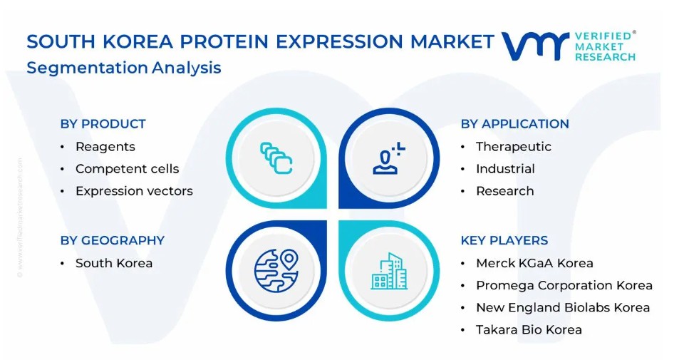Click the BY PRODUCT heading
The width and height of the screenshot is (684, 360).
[103, 124]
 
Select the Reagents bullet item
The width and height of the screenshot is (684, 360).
[105, 147]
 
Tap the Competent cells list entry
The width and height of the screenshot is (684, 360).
[127, 169]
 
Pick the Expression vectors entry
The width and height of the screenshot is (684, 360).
[134, 191]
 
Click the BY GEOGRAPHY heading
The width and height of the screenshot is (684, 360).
[113, 240]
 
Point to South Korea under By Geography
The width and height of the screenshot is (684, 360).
[114, 263]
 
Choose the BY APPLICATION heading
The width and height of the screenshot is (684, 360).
[514, 124]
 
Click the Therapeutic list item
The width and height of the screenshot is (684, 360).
[514, 147]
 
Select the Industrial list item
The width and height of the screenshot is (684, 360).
[505, 169]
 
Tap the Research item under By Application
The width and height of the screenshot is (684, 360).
[504, 191]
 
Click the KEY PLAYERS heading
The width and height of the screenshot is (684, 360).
[504, 240]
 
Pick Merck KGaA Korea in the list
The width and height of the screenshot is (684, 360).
[534, 263]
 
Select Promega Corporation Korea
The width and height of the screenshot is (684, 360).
[564, 285]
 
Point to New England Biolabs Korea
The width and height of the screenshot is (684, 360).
[563, 308]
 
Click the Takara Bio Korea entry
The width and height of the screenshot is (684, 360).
[529, 330]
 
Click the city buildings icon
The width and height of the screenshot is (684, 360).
[389, 271]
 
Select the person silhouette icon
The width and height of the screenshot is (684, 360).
[389, 158]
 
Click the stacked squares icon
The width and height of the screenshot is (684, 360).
[276, 158]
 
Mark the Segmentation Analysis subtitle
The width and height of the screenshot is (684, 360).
[124, 68]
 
